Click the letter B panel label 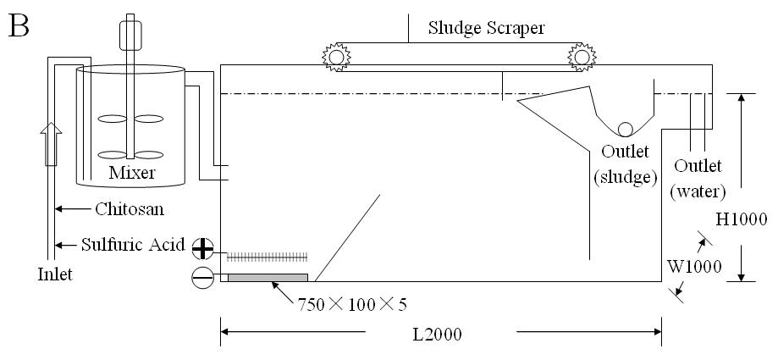pyautogui.click(x=19, y=26)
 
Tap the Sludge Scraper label pyautogui.click(x=486, y=28)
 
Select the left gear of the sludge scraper pyautogui.click(x=336, y=57)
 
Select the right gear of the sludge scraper pyautogui.click(x=582, y=57)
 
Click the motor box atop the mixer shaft pyautogui.click(x=130, y=36)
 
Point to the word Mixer pyautogui.click(x=132, y=172)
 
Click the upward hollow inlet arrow pyautogui.click(x=51, y=145)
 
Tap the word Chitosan pyautogui.click(x=130, y=209)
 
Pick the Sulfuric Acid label pyautogui.click(x=133, y=244)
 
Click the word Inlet pyautogui.click(x=55, y=274)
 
